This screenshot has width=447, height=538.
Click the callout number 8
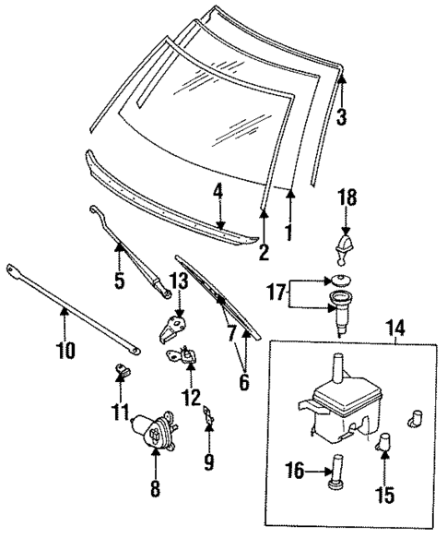click(x=154, y=486)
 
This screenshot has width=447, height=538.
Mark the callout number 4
click(x=218, y=192)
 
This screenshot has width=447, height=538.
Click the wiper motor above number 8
click(x=152, y=429)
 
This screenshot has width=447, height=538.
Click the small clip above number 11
click(x=120, y=370)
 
